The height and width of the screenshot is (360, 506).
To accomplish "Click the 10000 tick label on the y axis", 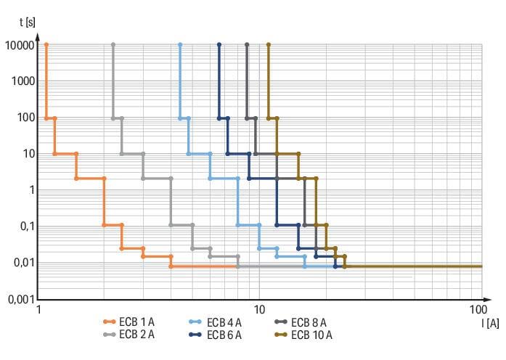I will [18, 45].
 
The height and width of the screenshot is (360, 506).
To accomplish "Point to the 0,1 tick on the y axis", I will [26, 226].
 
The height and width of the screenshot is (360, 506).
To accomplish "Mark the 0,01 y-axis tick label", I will [23, 263].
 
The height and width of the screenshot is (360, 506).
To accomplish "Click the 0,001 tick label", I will [20, 299].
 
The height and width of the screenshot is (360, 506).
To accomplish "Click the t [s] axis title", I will [27, 22].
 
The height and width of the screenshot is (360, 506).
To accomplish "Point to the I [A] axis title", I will [489, 322].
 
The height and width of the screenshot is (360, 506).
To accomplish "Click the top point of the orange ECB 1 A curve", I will [46, 45].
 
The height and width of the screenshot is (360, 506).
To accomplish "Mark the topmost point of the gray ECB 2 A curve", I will [113, 45].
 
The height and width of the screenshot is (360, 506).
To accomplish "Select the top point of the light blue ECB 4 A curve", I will [180, 45].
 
